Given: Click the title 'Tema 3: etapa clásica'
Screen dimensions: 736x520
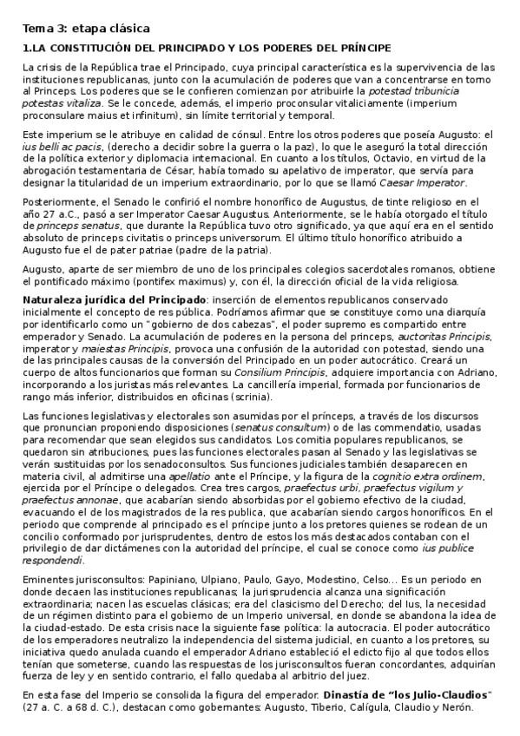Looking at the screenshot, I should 76,29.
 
